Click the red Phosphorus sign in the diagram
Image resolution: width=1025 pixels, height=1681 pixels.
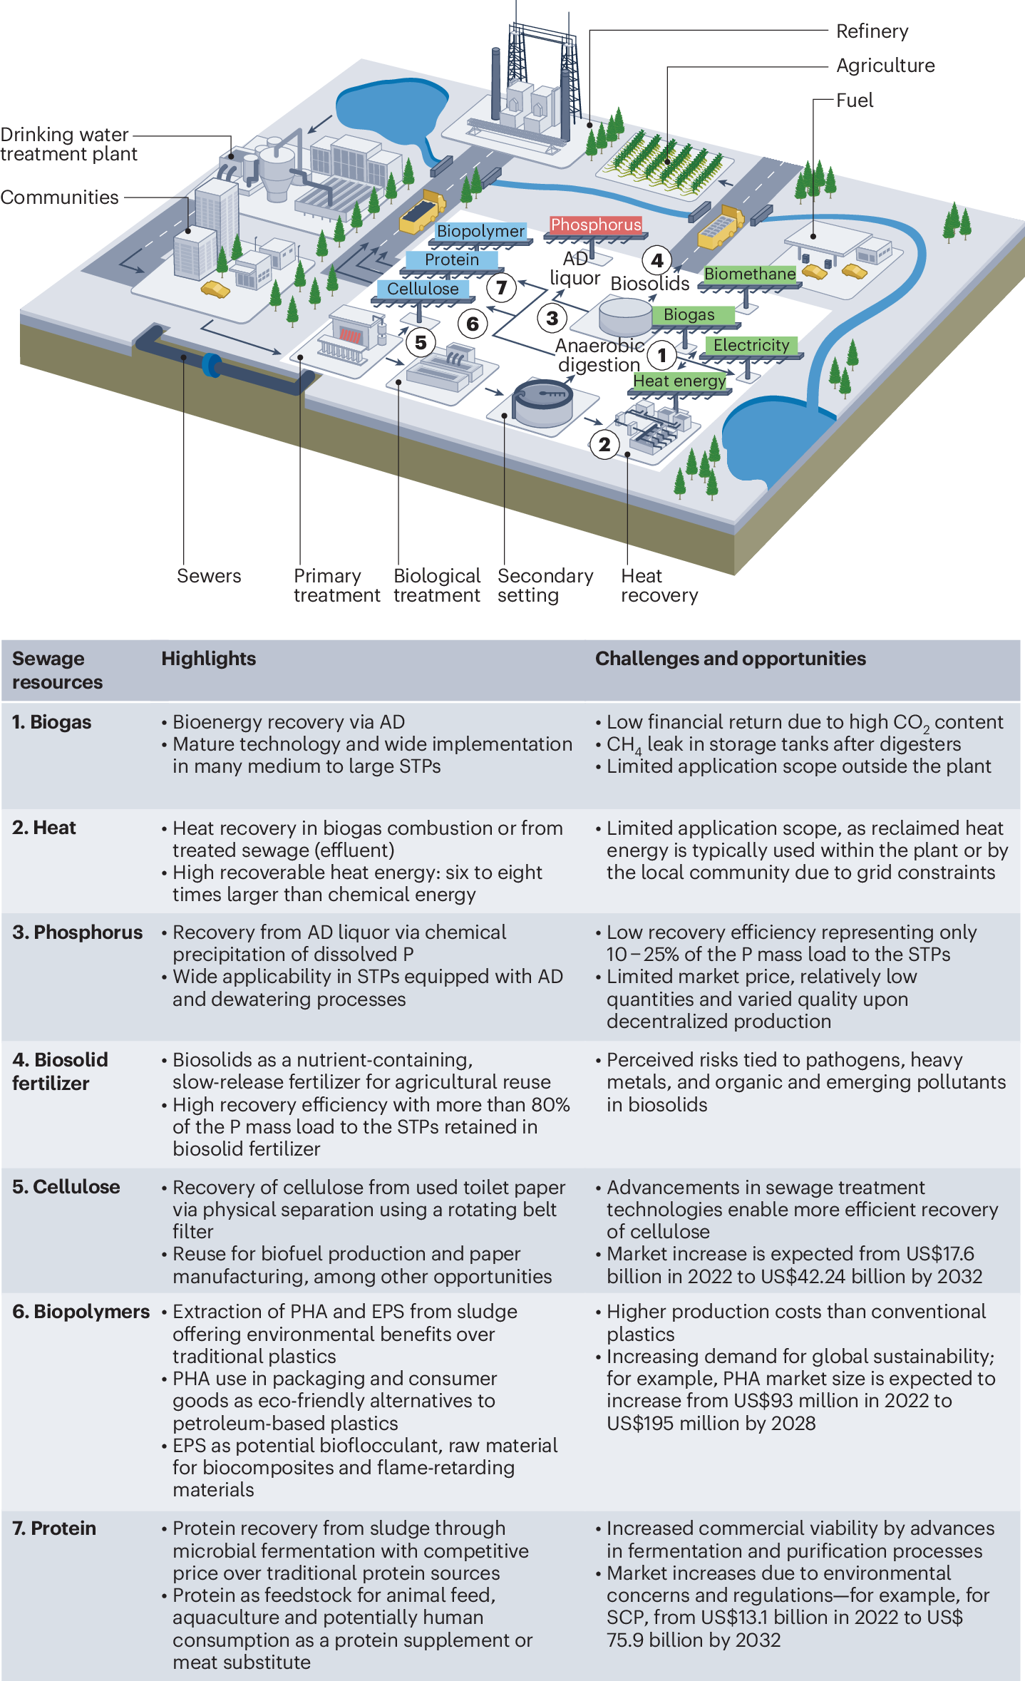click(596, 225)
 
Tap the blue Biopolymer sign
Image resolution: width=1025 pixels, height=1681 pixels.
click(480, 232)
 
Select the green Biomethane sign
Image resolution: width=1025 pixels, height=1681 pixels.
click(750, 274)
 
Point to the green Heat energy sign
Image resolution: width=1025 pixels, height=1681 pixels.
click(679, 381)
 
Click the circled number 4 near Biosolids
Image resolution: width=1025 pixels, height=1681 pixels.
click(657, 260)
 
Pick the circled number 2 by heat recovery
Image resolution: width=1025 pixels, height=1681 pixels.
click(604, 445)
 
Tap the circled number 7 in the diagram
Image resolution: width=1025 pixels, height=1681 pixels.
click(501, 287)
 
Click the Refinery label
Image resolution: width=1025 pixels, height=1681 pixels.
click(872, 31)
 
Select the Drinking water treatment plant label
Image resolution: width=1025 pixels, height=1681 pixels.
click(68, 144)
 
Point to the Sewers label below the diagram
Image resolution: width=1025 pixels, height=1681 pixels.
click(209, 576)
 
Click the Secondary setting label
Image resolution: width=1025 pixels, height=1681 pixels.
click(545, 585)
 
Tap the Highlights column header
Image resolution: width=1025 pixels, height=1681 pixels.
click(208, 659)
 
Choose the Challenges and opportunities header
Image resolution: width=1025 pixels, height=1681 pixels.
click(730, 659)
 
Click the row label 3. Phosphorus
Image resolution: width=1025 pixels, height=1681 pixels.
click(77, 932)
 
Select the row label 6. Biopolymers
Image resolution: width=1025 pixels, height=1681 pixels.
click(81, 1312)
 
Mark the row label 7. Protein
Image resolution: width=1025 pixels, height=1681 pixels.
click(54, 1528)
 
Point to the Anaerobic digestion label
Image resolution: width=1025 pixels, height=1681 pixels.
click(599, 355)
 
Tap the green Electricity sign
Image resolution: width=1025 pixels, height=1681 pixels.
click(751, 346)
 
